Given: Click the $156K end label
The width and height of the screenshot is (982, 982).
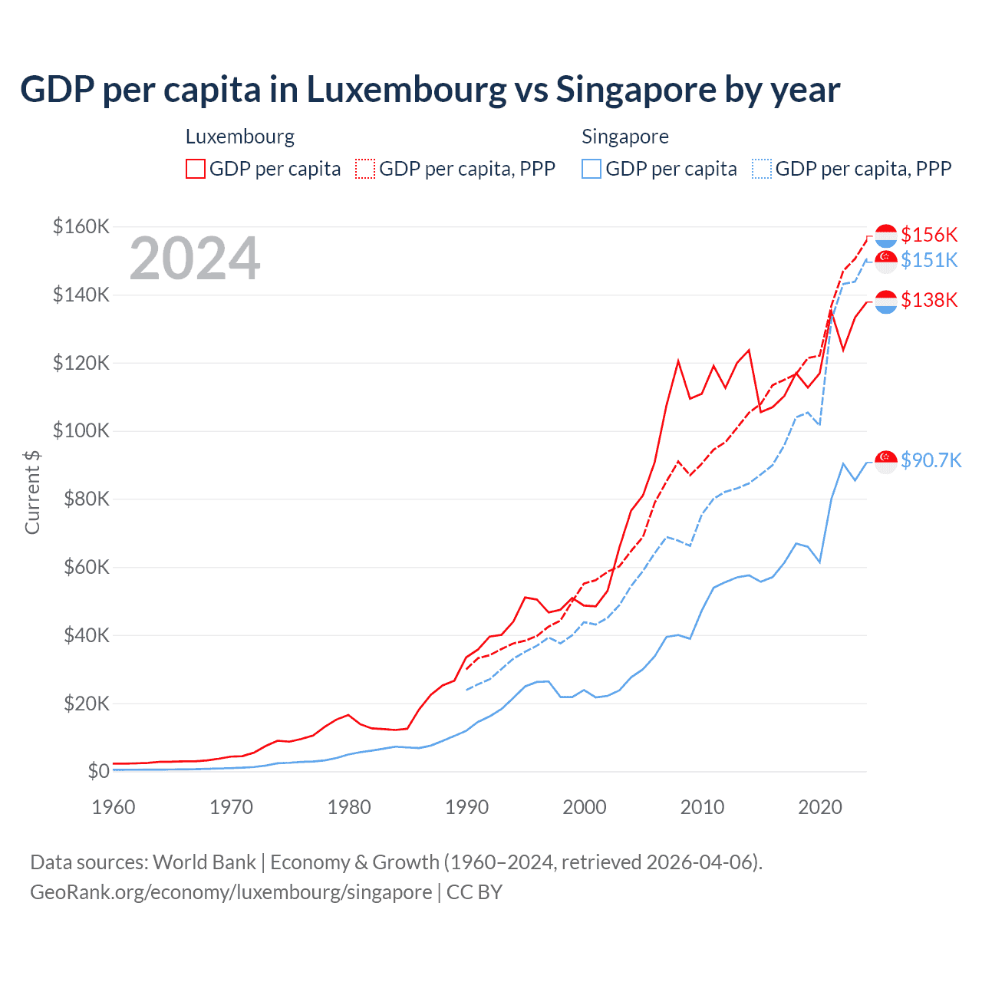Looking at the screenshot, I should pos(929,235).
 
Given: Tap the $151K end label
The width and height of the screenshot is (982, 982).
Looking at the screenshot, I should pos(929,260).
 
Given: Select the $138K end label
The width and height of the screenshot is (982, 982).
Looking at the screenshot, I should pos(929,300).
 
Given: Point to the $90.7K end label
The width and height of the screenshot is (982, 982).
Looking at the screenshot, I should pos(931,460).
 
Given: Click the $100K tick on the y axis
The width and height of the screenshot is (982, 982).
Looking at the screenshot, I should pos(81,430).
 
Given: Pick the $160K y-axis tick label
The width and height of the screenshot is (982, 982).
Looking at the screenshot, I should pos(81,226).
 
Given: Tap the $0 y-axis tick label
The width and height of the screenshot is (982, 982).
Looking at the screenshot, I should pos(98,771).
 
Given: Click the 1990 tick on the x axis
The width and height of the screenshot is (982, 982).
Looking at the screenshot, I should pos(466,807).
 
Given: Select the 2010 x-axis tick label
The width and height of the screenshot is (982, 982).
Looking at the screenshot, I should pos(702,807).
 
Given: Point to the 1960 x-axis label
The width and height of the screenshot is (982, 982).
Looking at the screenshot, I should pos(114,807).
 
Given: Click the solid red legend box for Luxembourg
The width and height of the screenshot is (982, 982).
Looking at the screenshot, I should pos(196,169).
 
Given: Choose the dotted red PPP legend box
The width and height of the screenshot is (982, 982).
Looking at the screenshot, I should pos(365,169).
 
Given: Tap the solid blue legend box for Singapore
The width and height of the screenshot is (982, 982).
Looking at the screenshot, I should pos(592,169).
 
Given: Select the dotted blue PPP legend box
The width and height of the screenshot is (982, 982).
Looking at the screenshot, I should pos(762,169).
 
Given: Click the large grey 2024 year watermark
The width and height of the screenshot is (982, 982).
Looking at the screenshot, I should pos(195,259).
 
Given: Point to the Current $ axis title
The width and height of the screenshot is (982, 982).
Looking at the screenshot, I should pos(32,493).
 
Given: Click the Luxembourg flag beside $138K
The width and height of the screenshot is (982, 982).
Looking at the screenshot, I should pos(886,302).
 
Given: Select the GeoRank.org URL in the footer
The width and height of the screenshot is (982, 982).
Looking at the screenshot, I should pos(231,892).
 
